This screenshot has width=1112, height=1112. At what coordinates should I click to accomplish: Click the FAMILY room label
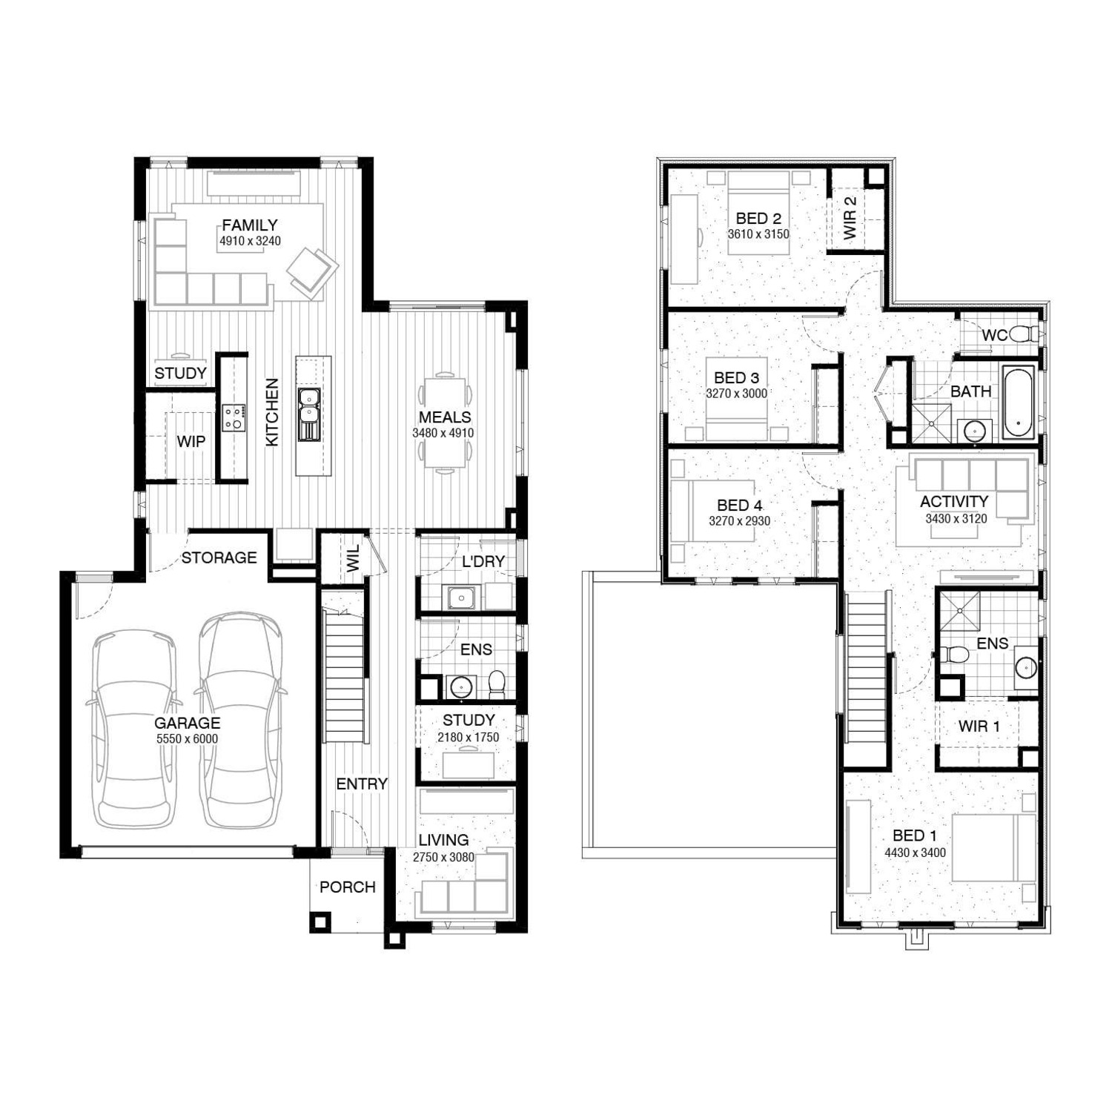[250, 225]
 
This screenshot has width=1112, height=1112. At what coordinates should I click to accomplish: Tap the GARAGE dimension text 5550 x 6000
[188, 739]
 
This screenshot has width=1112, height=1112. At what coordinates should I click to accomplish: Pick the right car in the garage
[240, 719]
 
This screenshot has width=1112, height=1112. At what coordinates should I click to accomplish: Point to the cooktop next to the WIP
[233, 417]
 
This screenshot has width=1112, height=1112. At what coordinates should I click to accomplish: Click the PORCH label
[348, 887]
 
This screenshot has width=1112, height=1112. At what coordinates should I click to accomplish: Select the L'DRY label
[483, 561]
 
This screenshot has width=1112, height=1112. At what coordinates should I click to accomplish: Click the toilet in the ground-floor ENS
[497, 684]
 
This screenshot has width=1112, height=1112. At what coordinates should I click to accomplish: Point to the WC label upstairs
[994, 335]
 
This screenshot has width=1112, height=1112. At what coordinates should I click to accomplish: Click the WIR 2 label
[850, 217]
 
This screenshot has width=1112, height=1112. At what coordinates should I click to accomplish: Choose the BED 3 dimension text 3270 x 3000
[736, 394]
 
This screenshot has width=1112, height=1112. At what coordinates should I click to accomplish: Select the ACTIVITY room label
[954, 501]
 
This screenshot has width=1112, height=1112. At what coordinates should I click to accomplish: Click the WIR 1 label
[979, 726]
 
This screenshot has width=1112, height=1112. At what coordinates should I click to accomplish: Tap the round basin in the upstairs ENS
[1026, 667]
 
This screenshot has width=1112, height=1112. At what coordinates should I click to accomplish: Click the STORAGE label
[219, 557]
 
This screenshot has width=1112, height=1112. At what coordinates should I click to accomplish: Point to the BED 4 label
[739, 505]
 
